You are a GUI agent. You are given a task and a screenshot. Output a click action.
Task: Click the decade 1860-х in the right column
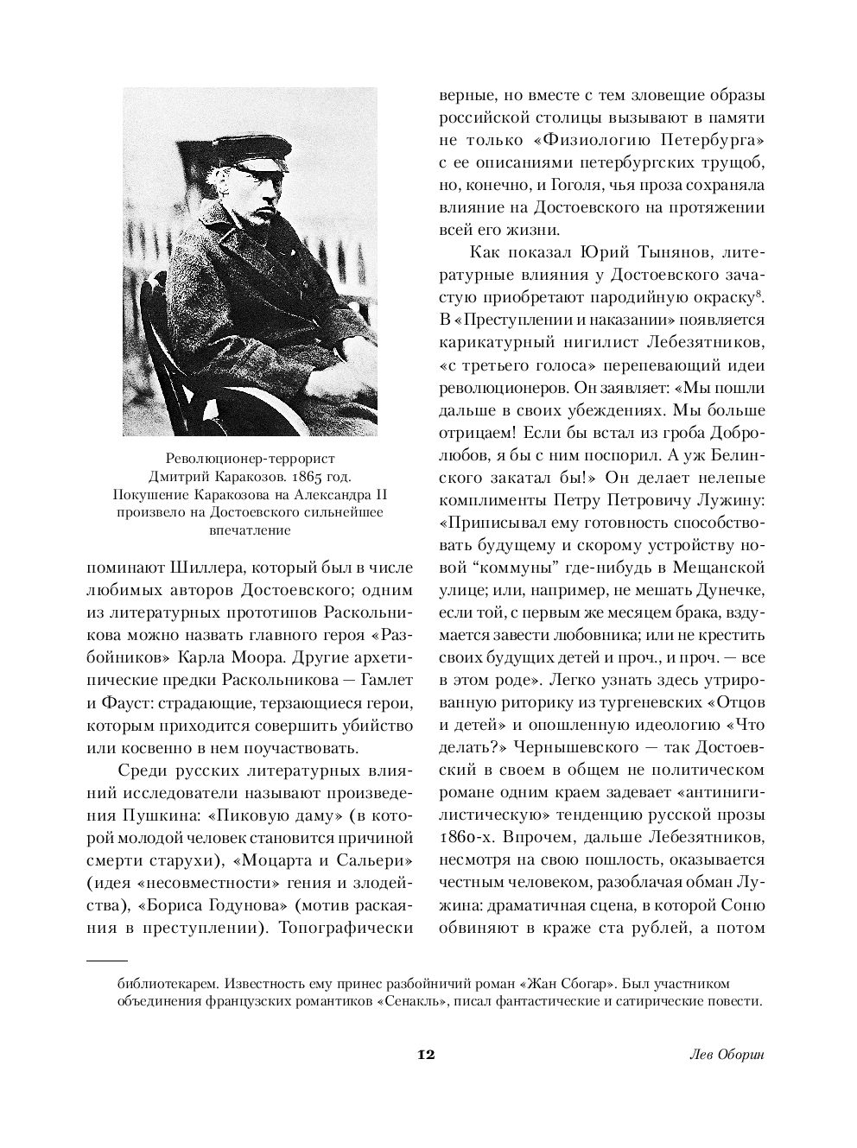click(x=472, y=837)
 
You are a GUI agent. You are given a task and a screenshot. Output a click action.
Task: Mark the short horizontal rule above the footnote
click(x=106, y=960)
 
